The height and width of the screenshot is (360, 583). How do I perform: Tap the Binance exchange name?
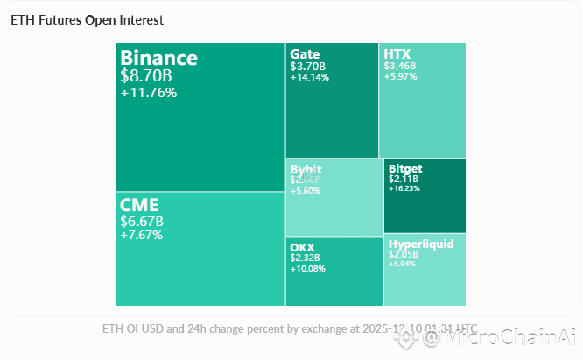click(x=158, y=59)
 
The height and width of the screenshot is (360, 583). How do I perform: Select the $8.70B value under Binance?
click(x=147, y=76)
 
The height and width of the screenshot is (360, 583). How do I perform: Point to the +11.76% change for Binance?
click(x=149, y=93)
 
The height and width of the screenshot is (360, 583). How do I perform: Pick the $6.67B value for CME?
click(x=142, y=221)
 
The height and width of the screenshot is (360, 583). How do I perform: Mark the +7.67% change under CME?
click(x=141, y=235)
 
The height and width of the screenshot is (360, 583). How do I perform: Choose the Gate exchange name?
click(x=304, y=54)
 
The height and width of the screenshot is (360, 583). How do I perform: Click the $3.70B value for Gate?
click(x=307, y=66)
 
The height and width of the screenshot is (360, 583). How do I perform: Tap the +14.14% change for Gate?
click(x=309, y=77)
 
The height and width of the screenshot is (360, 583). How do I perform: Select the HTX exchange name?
click(x=397, y=54)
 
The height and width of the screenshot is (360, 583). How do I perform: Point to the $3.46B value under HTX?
click(x=400, y=66)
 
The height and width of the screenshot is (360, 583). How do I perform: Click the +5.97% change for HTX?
click(x=400, y=76)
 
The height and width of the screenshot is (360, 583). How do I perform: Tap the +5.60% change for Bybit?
click(x=306, y=190)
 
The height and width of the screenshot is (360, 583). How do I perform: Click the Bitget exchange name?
click(x=405, y=168)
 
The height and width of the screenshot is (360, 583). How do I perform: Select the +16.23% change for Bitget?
click(x=404, y=188)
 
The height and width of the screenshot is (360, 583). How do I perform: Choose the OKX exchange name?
click(x=303, y=247)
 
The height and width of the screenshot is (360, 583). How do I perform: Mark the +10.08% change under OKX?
click(x=307, y=269)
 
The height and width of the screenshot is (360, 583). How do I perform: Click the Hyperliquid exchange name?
click(x=421, y=244)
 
